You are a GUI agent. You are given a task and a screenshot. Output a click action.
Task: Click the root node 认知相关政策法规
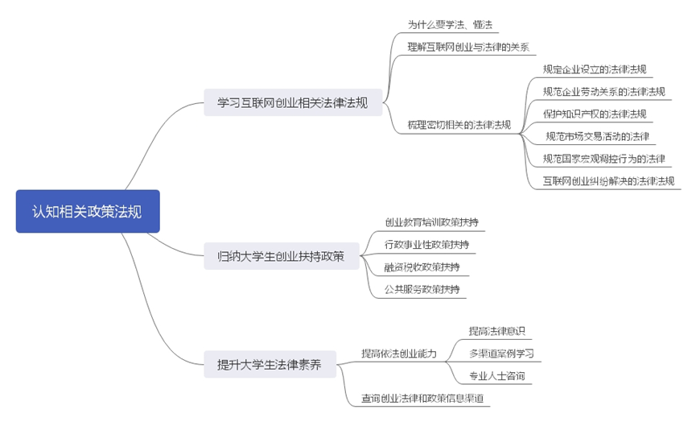coord(88,211)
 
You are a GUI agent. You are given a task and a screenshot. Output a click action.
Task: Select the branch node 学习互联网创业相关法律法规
coord(293,102)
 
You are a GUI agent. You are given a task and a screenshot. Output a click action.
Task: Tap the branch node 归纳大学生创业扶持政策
coord(281,256)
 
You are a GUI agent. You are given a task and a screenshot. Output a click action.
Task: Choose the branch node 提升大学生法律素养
coord(269,364)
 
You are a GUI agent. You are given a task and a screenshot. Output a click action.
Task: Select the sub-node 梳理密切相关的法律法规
coord(459,125)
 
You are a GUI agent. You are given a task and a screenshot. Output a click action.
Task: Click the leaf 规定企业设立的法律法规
coord(594,69)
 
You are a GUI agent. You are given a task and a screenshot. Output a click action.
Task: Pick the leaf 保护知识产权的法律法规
coord(594,114)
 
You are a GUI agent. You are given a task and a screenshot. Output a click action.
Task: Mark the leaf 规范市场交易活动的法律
coord(597,136)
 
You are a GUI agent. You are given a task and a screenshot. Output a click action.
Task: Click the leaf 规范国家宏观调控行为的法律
coord(603,158)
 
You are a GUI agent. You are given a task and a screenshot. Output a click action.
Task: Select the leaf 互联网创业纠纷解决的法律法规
coord(608,180)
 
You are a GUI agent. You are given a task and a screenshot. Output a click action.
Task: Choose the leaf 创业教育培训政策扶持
coord(433,221)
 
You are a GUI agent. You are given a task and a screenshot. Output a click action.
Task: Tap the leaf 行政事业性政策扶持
coord(426,244)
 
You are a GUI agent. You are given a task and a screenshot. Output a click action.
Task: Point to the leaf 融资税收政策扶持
coord(422,267)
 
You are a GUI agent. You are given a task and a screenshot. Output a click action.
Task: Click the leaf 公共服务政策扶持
coord(422,288)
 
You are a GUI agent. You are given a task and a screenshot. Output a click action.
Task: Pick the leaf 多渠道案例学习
coord(501,353)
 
